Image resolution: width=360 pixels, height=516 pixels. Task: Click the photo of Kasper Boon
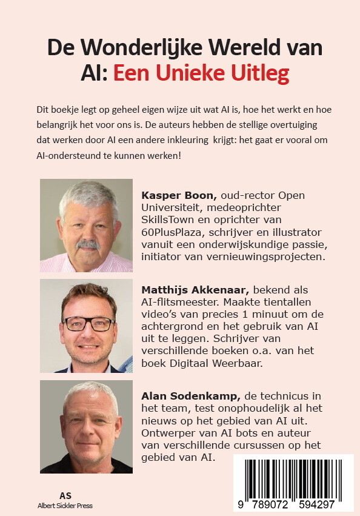pyautogui.click(x=86, y=226)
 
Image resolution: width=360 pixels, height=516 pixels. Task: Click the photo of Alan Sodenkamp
pyautogui.click(x=86, y=426)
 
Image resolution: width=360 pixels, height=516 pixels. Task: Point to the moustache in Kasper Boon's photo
pyautogui.click(x=88, y=244)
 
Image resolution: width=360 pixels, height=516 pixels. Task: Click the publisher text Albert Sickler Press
pyautogui.click(x=65, y=505)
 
